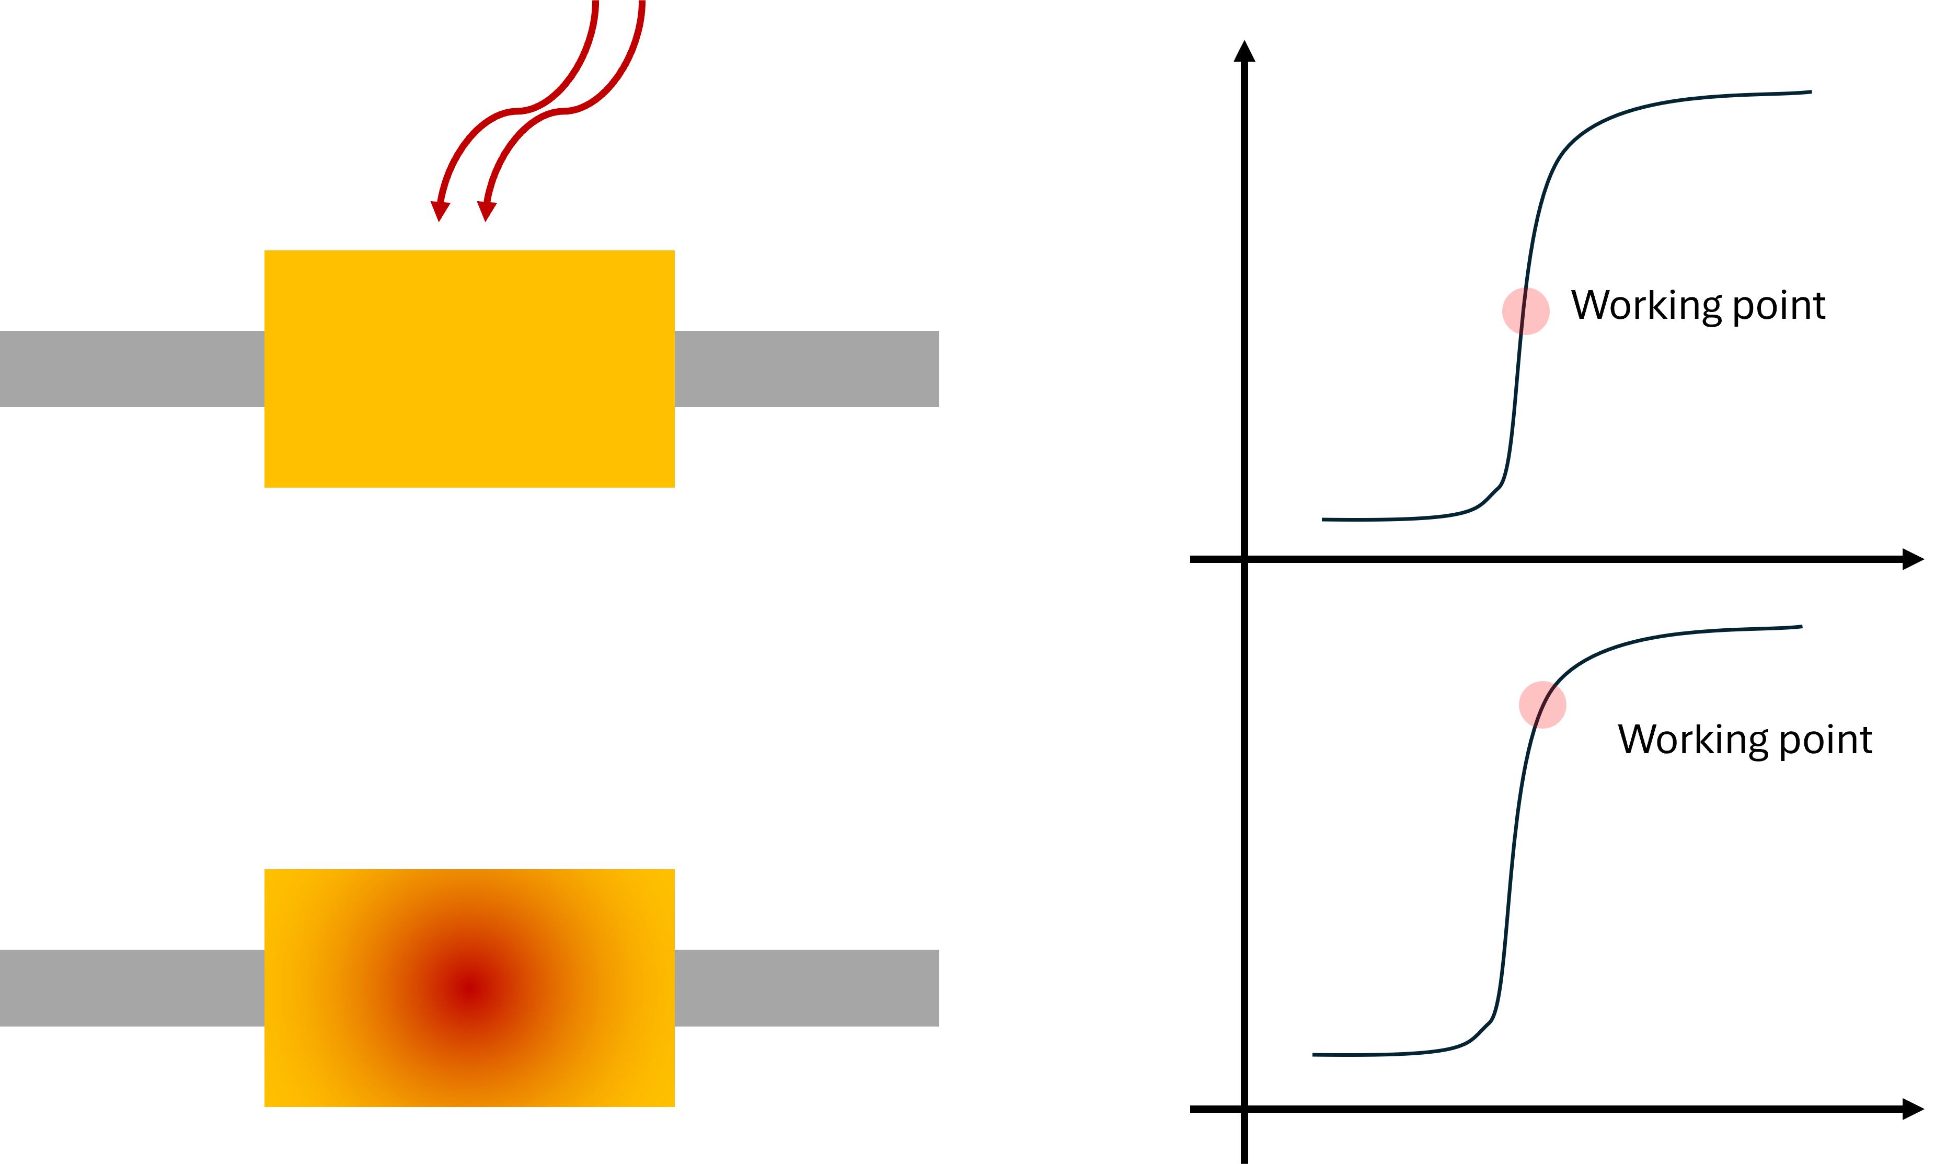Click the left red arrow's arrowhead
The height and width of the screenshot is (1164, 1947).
coord(440,212)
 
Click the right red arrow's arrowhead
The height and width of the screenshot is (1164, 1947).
coord(486,212)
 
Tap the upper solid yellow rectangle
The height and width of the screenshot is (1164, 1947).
coord(469,368)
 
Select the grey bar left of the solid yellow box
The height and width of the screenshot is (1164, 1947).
coord(132,368)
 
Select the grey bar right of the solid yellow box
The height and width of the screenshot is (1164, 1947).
coord(806,368)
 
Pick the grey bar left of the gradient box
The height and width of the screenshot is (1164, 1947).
coord(132,987)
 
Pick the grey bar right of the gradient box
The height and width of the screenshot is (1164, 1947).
coord(806,987)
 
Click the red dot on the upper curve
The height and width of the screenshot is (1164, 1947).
coord(1525,312)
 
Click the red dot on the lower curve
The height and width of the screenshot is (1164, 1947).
coord(1542,705)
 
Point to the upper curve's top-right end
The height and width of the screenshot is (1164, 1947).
coord(1810,93)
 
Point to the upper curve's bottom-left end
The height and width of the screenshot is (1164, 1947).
coord(1323,519)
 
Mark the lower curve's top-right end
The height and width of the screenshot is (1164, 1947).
coord(1800,627)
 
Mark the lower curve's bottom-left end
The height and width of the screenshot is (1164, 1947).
coord(1314,1054)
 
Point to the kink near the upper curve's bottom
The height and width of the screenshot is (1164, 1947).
coord(1500,486)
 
